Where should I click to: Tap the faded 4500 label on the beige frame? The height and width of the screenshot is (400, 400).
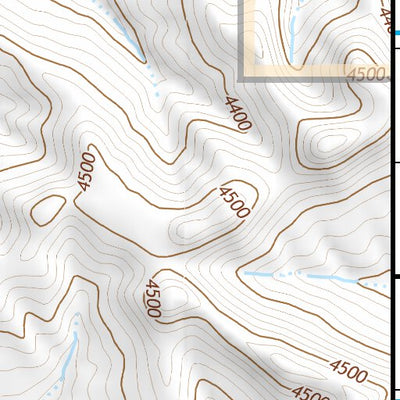coord(366,75)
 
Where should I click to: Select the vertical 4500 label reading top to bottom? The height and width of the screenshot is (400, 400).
coord(152,298)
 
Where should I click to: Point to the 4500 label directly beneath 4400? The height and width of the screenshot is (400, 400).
coord(235,203)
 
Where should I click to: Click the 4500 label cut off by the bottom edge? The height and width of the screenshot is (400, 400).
coord(304,393)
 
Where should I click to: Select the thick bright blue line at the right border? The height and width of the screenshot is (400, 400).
coord(397,33)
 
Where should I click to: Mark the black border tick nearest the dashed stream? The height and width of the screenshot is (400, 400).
coord(394,268)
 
